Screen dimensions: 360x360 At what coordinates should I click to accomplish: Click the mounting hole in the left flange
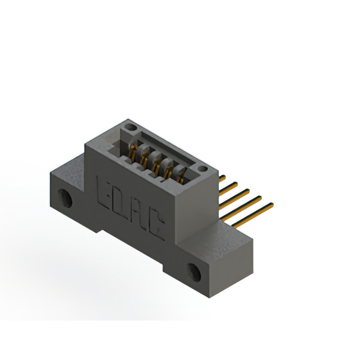tap(65, 198)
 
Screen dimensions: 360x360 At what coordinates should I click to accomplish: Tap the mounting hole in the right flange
tap(194, 272)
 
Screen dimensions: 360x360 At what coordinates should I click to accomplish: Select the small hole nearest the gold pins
tap(202, 169)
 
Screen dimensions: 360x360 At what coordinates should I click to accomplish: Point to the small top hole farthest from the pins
tap(130, 127)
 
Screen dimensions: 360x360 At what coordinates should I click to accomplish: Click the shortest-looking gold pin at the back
tap(222, 178)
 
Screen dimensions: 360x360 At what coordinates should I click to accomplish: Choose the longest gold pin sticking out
tap(253, 215)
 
